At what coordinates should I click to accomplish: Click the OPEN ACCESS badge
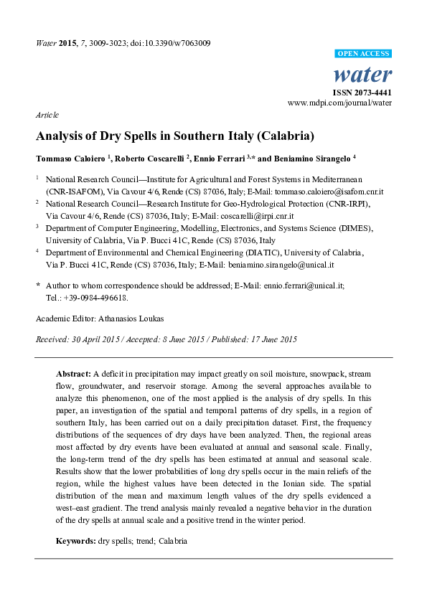[364, 54]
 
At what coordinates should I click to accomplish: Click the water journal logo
[364, 75]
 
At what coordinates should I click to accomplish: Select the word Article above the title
[47, 115]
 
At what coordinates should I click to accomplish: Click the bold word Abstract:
[73, 374]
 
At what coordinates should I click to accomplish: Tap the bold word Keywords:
[76, 540]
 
